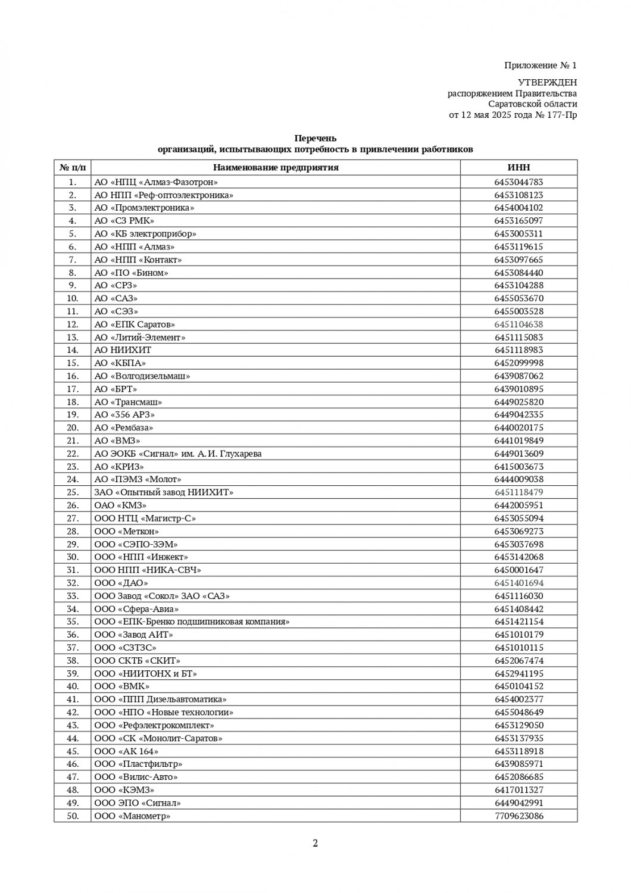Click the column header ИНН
tap(518, 167)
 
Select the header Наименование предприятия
tap(276, 167)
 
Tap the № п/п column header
tap(73, 167)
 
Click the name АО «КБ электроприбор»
tap(145, 234)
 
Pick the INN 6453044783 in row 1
tap(518, 182)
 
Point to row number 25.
tap(73, 492)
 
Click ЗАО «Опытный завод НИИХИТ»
tap(164, 492)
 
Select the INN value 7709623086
tap(518, 816)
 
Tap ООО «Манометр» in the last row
tap(132, 816)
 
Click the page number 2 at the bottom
tap(315, 843)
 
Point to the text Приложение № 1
tap(541, 65)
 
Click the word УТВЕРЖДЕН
tap(547, 82)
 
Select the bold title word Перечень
tap(315, 139)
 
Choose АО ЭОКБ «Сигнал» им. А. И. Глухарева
tap(178, 454)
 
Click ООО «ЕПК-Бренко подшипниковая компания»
tap(192, 622)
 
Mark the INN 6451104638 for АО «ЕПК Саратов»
tap(518, 324)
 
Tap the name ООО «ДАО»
tap(121, 583)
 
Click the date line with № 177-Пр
tap(513, 115)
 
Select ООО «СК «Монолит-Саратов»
tap(158, 738)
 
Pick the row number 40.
tap(73, 686)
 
